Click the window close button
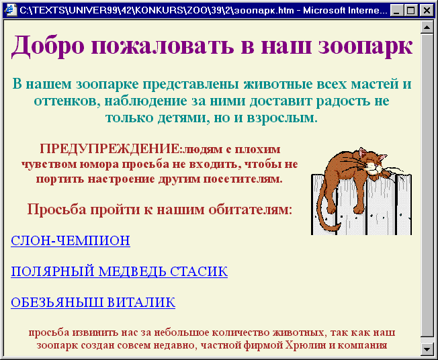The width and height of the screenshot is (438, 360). tap(427, 11)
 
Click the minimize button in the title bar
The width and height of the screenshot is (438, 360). tap(396, 11)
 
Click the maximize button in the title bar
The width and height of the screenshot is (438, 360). tap(410, 11)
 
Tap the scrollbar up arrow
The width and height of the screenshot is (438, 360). tap(427, 27)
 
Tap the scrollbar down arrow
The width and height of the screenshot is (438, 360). tap(427, 349)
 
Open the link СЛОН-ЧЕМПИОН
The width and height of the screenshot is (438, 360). tap(71, 240)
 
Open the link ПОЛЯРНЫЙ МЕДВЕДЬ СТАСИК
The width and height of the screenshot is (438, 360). tap(120, 271)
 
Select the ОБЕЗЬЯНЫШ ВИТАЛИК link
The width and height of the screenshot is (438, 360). tap(93, 302)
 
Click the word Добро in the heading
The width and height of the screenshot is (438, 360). tap(48, 46)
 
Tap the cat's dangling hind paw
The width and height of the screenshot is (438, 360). tap(358, 209)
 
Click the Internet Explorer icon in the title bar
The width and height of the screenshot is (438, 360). tap(11, 10)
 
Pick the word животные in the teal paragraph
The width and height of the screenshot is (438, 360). tap(281, 84)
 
